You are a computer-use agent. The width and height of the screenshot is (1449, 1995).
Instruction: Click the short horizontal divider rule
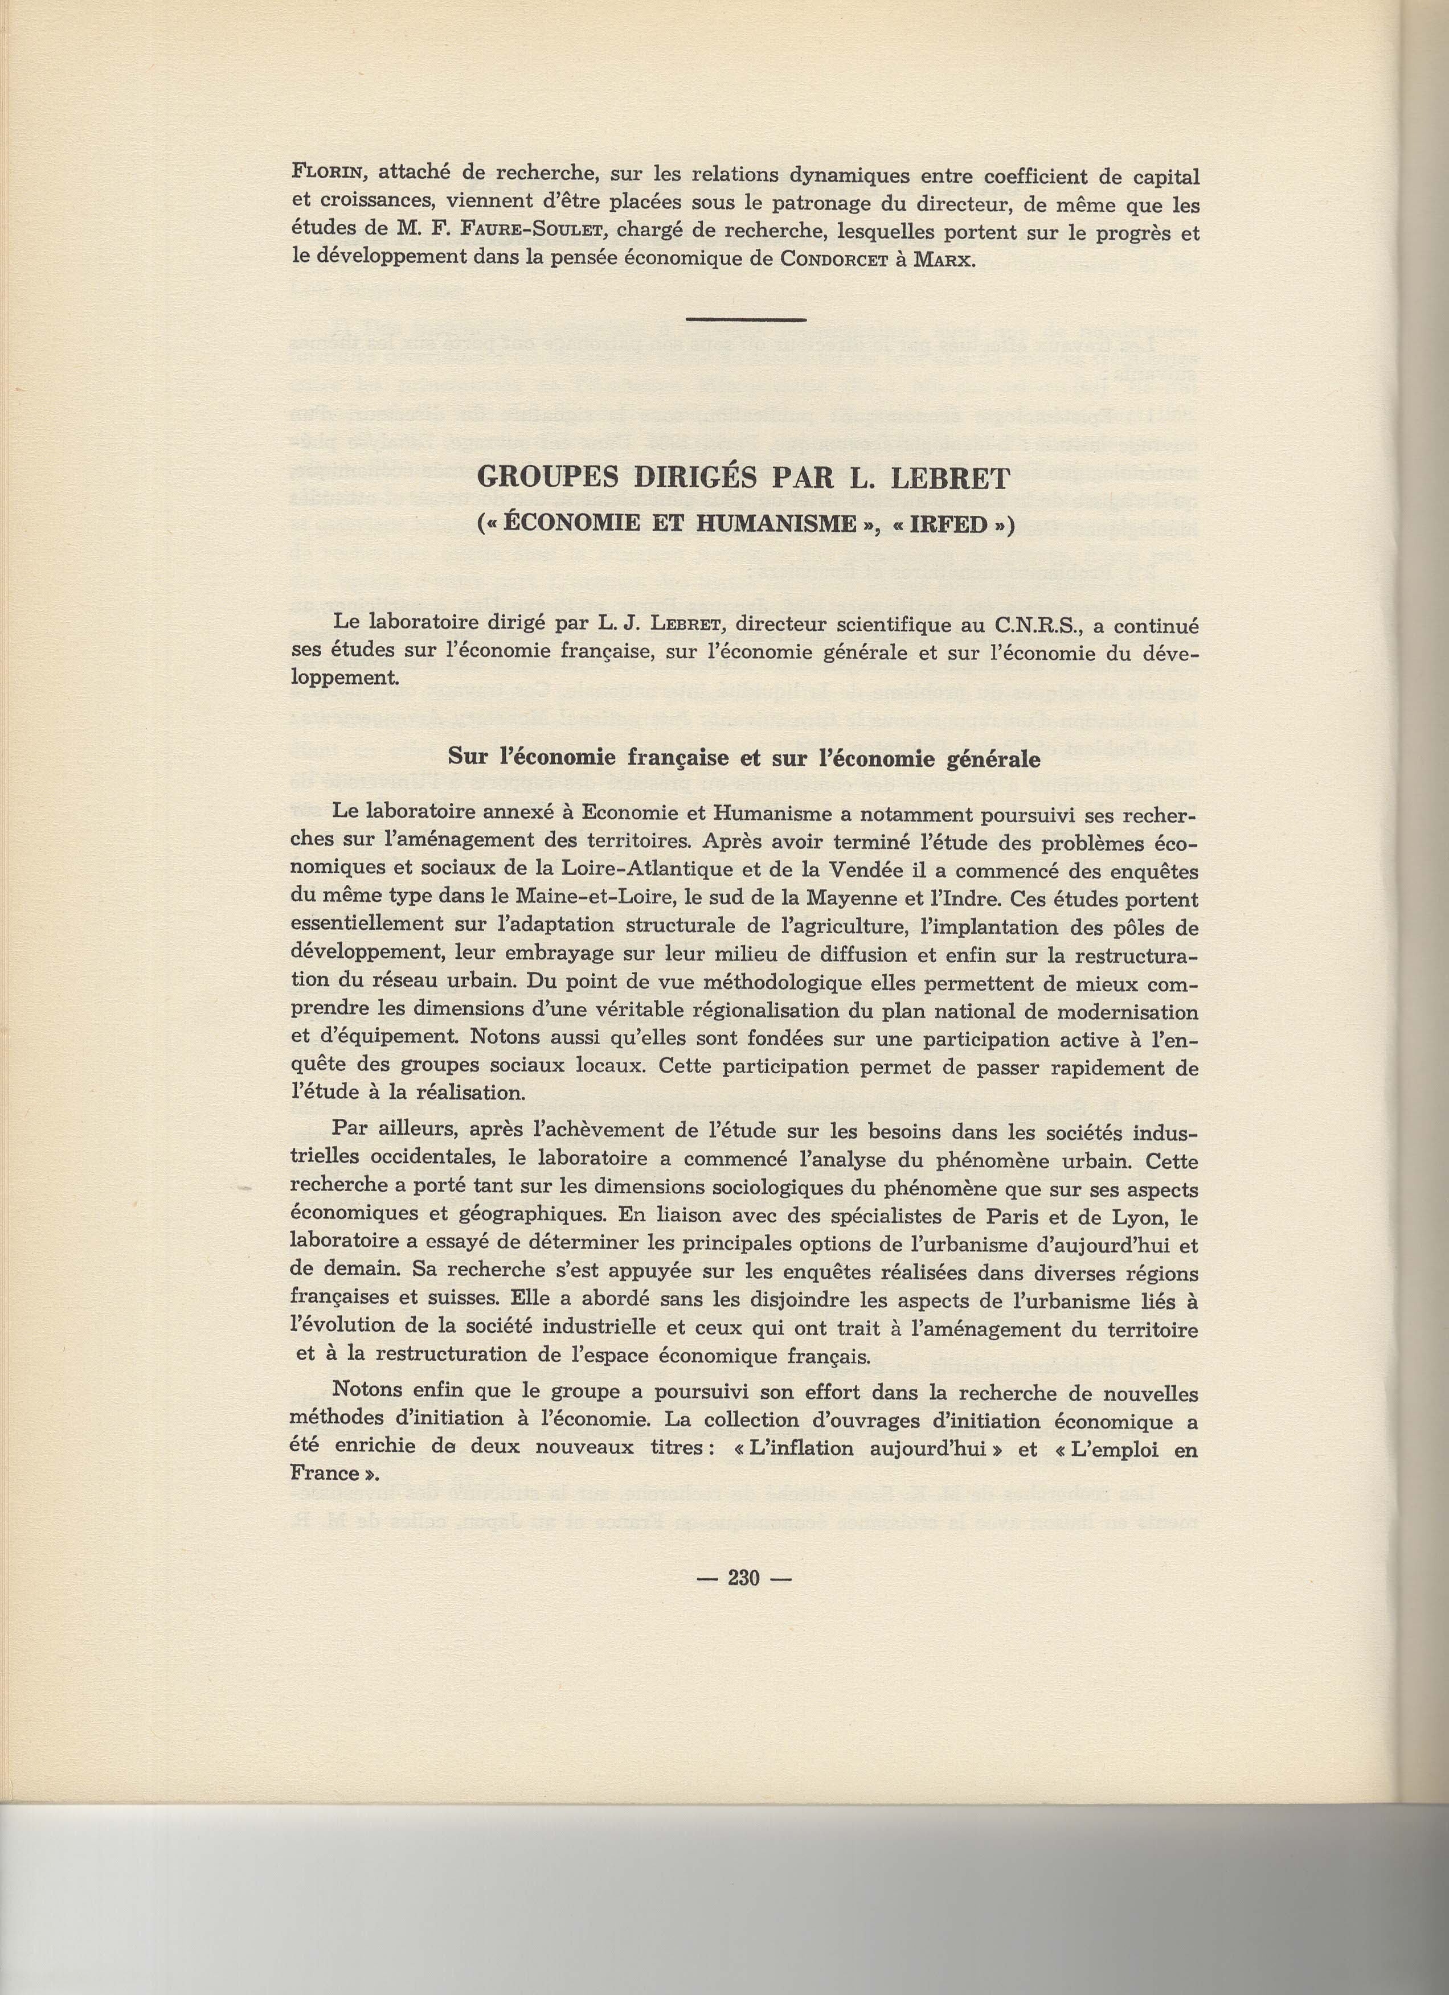[745, 319]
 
